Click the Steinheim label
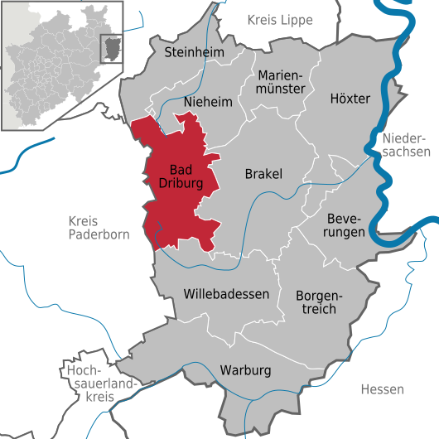195,52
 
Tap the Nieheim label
207,101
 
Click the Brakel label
263,174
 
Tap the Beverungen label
345,224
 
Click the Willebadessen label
226,294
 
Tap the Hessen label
383,389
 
